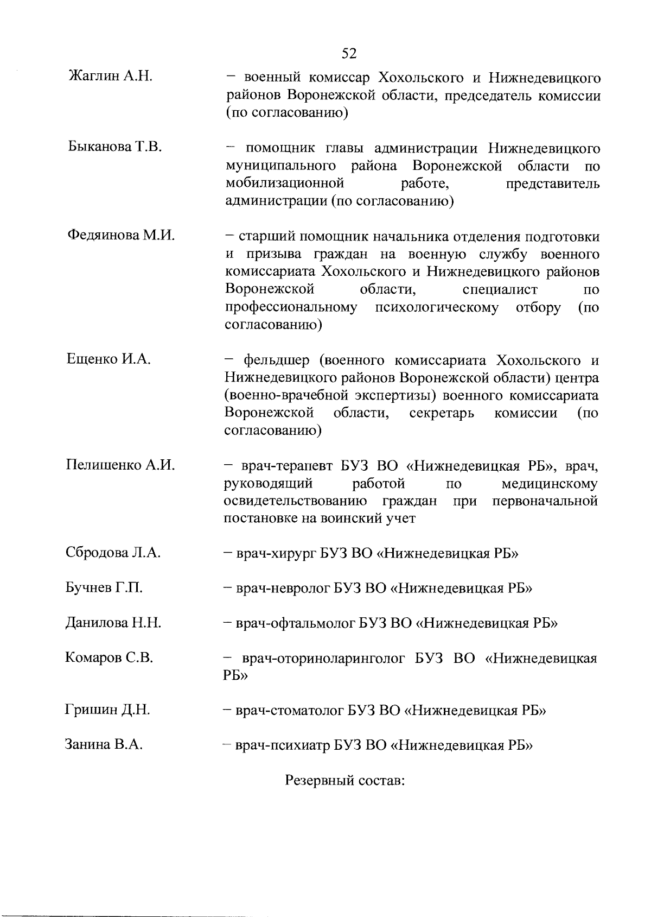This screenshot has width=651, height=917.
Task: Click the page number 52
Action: [349, 53]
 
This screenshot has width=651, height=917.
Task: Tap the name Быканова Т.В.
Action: [115, 147]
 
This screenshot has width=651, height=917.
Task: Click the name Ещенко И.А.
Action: [108, 359]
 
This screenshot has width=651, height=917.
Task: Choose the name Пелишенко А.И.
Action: [120, 465]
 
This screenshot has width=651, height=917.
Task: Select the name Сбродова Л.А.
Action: [113, 553]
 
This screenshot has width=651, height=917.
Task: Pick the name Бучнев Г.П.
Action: [104, 588]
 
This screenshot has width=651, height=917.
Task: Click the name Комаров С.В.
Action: [108, 658]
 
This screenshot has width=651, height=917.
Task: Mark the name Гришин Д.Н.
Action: [107, 710]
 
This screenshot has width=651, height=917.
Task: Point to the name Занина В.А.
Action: [104, 744]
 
